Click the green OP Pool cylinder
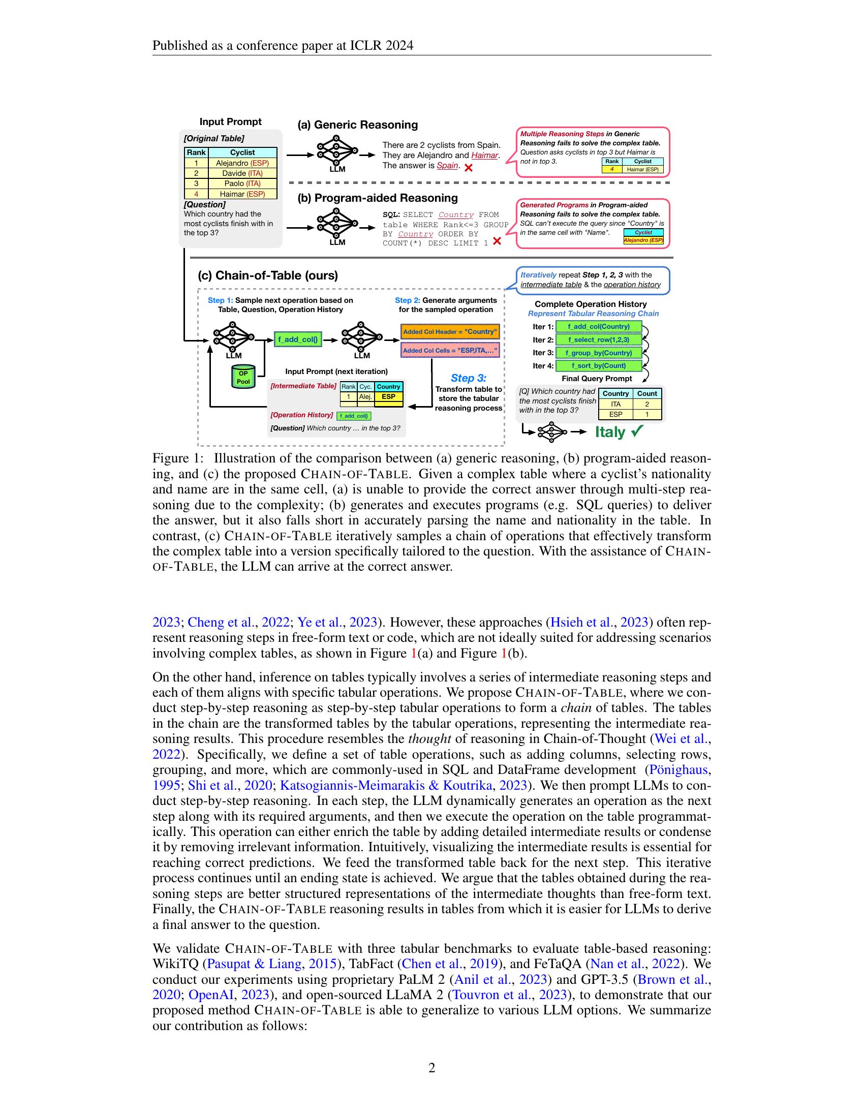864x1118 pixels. click(243, 377)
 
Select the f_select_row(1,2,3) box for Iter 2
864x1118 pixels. click(598, 340)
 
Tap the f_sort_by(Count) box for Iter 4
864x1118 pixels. click(598, 365)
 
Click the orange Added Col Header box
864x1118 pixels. click(450, 332)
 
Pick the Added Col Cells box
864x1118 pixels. click(450, 351)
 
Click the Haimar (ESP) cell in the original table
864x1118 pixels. click(242, 194)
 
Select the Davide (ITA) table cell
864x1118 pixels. click(242, 173)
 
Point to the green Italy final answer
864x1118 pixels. click(610, 432)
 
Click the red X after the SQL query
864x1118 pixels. click(497, 241)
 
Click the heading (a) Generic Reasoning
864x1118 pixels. click(358, 125)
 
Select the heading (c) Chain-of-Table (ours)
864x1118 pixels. click(268, 275)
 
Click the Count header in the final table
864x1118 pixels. click(647, 394)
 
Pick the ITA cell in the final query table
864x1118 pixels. click(616, 405)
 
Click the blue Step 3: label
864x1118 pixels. click(469, 378)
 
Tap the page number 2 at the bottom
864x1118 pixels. click(431, 1068)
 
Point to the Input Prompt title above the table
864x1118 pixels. click(230, 122)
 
